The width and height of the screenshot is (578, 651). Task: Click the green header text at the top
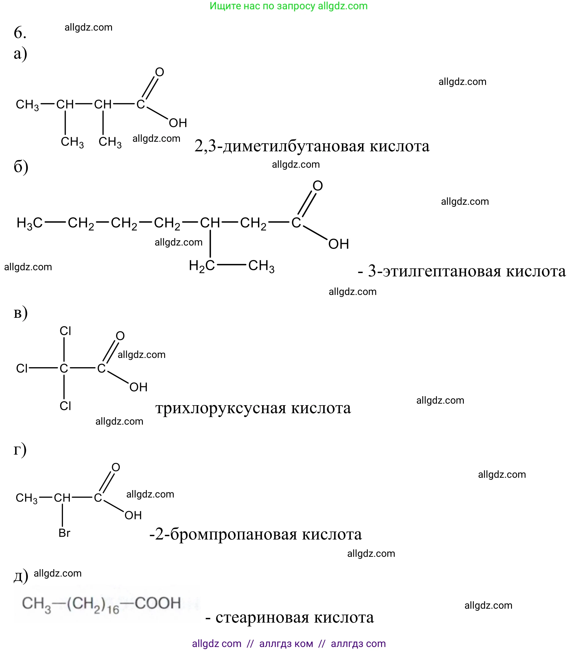288,6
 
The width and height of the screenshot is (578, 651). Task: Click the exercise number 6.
20,33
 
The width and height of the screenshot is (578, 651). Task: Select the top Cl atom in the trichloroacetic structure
65,331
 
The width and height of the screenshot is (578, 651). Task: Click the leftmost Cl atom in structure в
22,368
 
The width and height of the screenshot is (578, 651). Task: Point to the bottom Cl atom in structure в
65,406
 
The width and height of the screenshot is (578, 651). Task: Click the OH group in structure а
178,123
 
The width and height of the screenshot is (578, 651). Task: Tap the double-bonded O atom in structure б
317,186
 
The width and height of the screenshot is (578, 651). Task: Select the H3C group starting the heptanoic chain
29,223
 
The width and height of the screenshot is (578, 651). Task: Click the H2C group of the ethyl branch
202,266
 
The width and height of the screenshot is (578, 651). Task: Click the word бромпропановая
234,534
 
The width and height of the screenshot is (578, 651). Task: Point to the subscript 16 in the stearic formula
113,609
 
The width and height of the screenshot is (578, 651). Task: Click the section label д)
21,576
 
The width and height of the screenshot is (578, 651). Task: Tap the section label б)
21,167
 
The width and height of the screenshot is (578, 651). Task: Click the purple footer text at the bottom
289,643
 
